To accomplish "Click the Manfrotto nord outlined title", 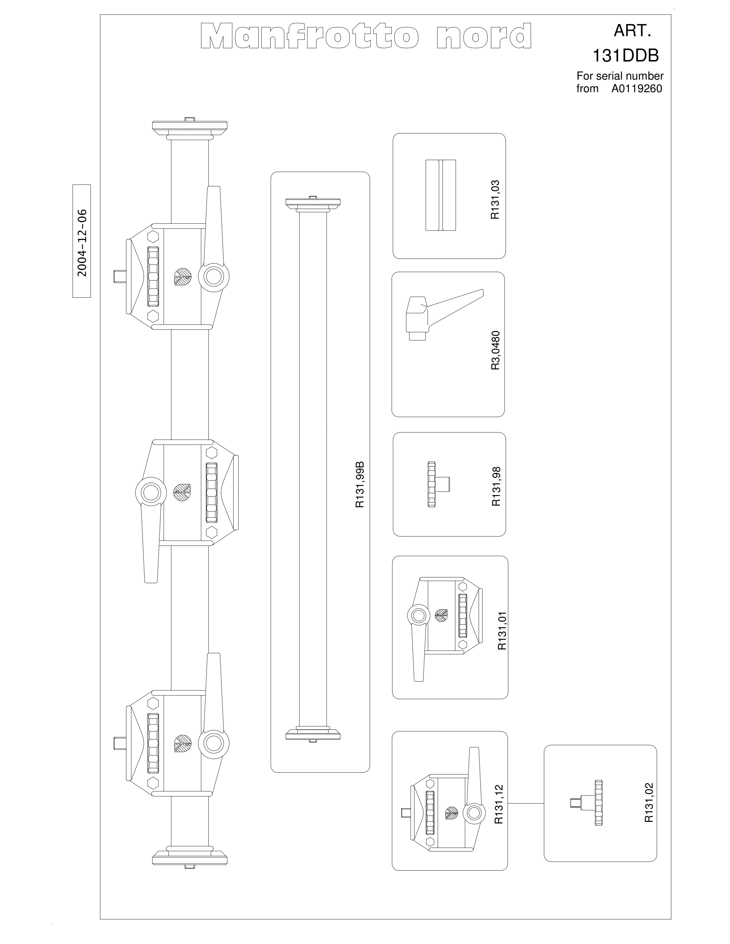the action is pyautogui.click(x=366, y=36).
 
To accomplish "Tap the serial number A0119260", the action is pyautogui.click(x=636, y=89).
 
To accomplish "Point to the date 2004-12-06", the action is pyautogui.click(x=82, y=243).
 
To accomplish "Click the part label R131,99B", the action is pyautogui.click(x=360, y=485).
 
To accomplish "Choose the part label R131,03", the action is pyautogui.click(x=495, y=200).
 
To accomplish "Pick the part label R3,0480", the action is pyautogui.click(x=495, y=351).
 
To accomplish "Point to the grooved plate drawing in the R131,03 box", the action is pyautogui.click(x=441, y=195).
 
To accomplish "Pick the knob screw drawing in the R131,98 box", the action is pyautogui.click(x=438, y=484).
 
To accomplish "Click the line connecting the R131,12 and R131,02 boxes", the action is pyautogui.click(x=525, y=803).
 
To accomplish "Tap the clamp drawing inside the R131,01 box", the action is pyautogui.click(x=445, y=629).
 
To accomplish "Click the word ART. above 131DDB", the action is pyautogui.click(x=632, y=31).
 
